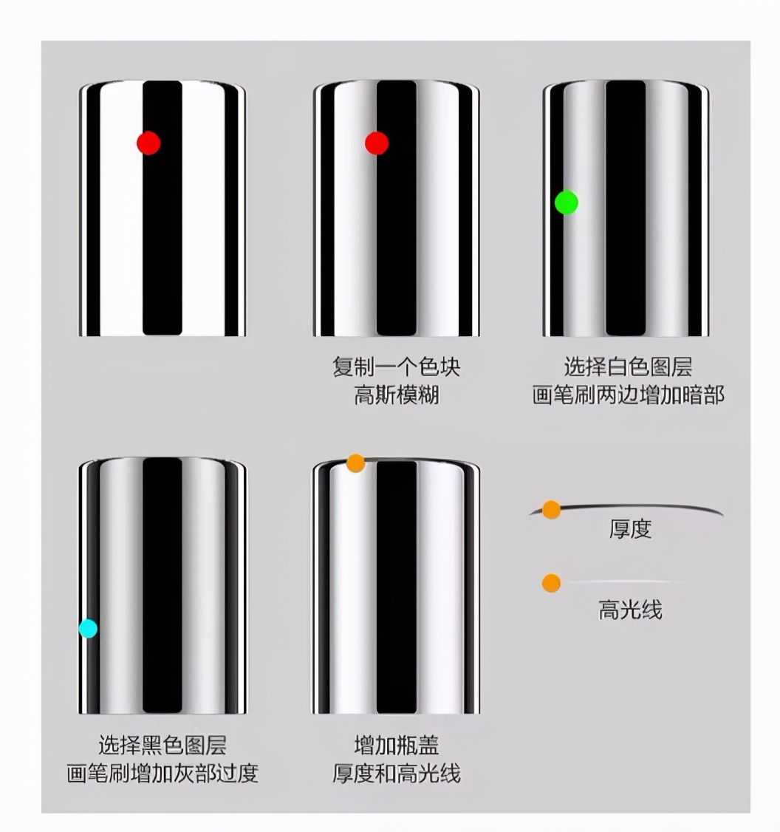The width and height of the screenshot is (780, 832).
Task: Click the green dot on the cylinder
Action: click(567, 202)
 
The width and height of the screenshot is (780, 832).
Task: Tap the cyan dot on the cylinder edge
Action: click(88, 629)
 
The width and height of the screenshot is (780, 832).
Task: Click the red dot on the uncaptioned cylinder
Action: click(148, 143)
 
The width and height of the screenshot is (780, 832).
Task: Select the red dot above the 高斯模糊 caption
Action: click(377, 143)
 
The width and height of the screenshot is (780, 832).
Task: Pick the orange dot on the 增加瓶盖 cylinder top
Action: click(356, 463)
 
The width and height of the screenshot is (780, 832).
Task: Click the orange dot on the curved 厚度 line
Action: click(551, 510)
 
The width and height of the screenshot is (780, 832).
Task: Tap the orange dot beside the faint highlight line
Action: click(551, 584)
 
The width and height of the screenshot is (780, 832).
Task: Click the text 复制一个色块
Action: click(396, 367)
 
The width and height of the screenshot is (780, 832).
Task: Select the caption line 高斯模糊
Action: click(396, 395)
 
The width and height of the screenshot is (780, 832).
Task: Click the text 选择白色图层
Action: click(628, 367)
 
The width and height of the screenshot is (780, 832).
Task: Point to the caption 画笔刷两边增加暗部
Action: click(628, 395)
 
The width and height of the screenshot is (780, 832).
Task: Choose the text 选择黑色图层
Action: click(162, 744)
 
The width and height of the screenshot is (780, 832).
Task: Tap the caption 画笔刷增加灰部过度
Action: click(162, 773)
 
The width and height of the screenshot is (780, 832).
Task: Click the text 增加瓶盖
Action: click(396, 744)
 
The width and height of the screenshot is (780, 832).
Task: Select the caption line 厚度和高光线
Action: click(396, 773)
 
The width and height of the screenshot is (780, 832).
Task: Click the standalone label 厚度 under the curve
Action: click(630, 529)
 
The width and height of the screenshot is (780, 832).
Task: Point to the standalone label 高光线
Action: click(629, 610)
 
